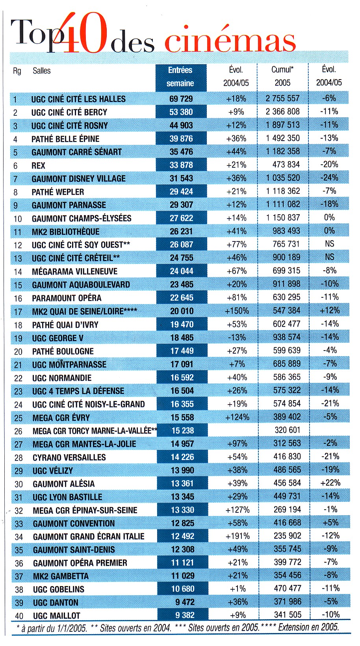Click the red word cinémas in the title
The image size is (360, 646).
click(230, 41)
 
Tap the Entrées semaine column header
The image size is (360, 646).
click(180, 77)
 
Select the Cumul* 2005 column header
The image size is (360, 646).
click(282, 76)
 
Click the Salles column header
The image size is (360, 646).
click(41, 71)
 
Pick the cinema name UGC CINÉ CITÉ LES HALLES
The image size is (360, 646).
click(78, 99)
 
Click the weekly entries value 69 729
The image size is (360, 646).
click(181, 98)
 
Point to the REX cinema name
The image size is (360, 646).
click(38, 165)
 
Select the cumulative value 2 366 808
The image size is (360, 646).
click(283, 111)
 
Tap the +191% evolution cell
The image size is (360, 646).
click(238, 536)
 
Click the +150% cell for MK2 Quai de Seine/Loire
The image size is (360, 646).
click(237, 311)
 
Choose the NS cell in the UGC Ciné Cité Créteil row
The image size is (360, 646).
click(329, 257)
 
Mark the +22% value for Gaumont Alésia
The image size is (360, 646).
click(330, 483)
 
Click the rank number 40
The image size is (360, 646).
click(19, 616)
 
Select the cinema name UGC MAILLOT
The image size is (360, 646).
click(57, 616)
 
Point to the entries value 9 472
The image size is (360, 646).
click(185, 602)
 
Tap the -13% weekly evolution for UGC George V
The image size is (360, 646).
click(237, 337)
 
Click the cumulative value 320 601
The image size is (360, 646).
click(287, 430)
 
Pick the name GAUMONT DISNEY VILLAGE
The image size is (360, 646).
click(78, 179)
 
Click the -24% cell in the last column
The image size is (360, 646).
click(329, 177)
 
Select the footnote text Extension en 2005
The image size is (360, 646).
click(308, 627)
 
